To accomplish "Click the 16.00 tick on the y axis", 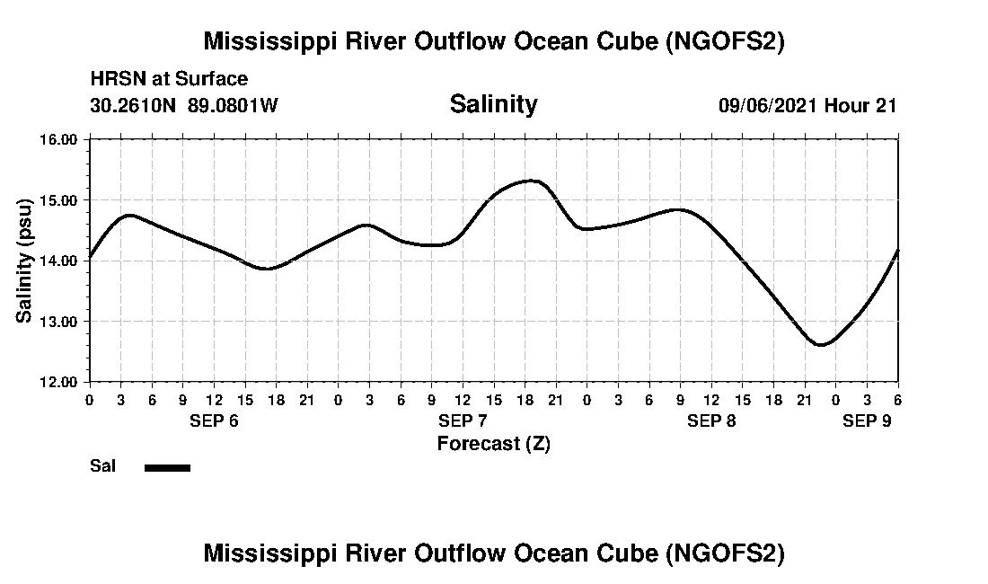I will pos(60,139).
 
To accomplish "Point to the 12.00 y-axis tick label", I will pos(60,382).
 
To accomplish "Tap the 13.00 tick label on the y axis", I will pos(60,321).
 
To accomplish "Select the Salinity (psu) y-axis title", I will pos(25,261).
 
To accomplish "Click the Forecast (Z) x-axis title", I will pos(493,443).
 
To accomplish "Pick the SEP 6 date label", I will pos(214,421).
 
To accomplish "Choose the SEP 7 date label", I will pos(463,421).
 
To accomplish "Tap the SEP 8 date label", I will pos(711,421).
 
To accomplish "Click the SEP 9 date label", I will pos(867,421).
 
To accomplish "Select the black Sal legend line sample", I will pos(167,467).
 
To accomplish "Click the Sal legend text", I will pos(102,466).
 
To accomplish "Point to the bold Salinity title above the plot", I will pos(493,104).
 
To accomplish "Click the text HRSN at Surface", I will pos(169,79).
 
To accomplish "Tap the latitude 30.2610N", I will pos(135,105).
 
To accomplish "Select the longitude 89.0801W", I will pos(233,105).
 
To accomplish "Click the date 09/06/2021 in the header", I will pos(768,105).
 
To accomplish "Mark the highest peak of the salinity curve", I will pos(532,181).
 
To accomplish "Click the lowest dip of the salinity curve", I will pos(820,345).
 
